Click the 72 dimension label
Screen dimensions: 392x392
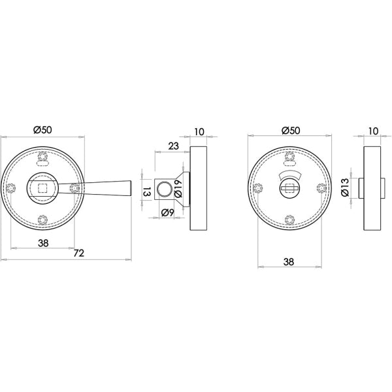[x=79, y=253]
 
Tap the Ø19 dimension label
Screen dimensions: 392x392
[x=178, y=189]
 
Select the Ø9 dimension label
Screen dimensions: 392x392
[x=167, y=213]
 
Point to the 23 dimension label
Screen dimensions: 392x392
[x=174, y=146]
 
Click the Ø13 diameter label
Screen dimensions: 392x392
[x=344, y=188]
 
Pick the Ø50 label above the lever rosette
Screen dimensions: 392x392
[x=42, y=130]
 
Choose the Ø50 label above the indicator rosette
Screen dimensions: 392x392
[x=291, y=131]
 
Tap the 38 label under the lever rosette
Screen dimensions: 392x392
[x=43, y=243]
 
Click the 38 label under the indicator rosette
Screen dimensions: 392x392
[x=289, y=262]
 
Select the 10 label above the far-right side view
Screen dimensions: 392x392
[x=374, y=131]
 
